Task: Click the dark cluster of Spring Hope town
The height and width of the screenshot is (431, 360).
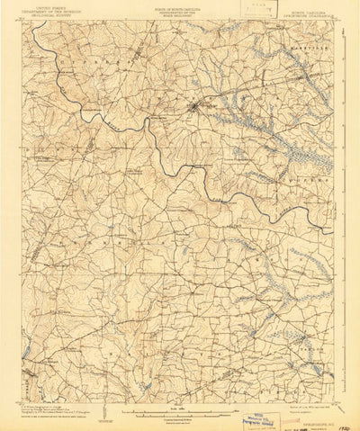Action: [193, 109]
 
